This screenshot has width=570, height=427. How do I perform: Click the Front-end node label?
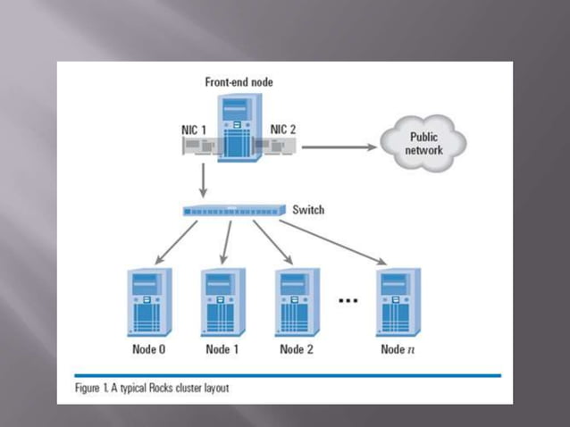tap(239, 82)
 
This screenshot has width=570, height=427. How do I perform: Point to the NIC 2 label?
tap(283, 130)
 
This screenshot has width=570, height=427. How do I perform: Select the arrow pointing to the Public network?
tap(335, 144)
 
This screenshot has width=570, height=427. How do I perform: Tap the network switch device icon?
tap(233, 211)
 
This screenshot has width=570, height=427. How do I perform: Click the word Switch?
tap(308, 210)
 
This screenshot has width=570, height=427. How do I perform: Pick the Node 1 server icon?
tap(222, 302)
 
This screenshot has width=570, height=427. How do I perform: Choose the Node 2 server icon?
tap(296, 302)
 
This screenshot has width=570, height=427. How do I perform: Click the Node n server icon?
tap(398, 302)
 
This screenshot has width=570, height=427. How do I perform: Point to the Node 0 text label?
tap(148, 349)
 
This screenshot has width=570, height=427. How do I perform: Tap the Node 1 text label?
tap(222, 349)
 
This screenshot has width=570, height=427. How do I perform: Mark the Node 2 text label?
tap(296, 349)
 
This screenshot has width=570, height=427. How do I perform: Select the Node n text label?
tap(398, 349)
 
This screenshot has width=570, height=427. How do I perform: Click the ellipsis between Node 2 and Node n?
tap(348, 301)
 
